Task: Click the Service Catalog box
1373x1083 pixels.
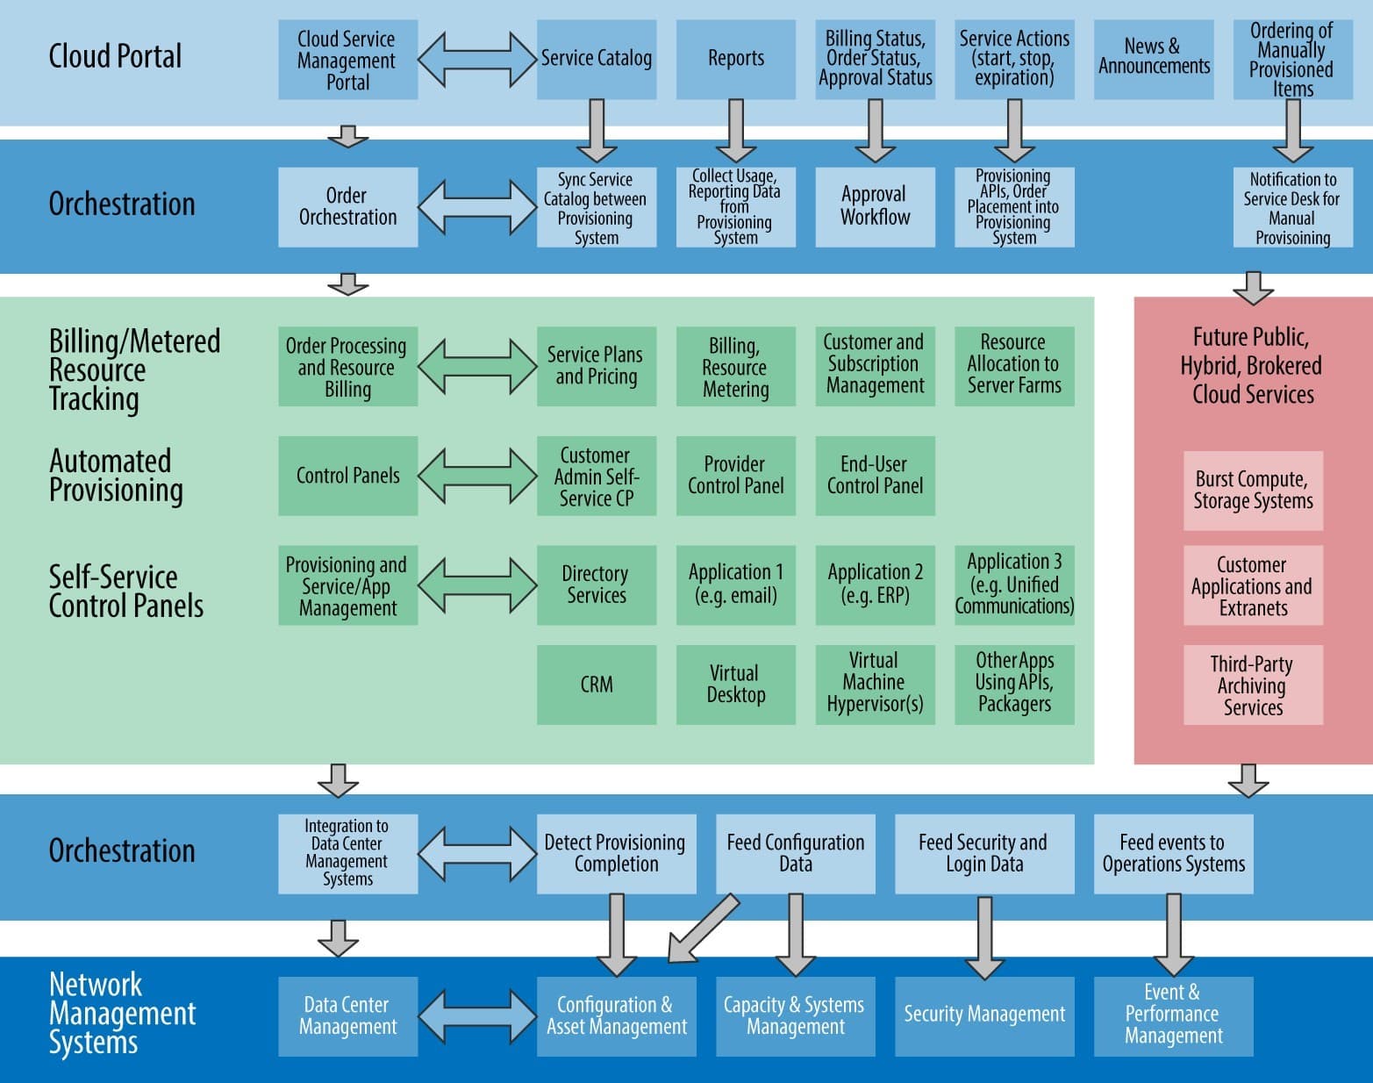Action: pyautogui.click(x=597, y=59)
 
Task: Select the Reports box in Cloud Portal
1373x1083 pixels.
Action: pyautogui.click(x=735, y=59)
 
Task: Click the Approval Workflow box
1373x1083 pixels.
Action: pyautogui.click(x=875, y=206)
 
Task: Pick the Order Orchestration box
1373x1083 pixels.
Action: pyautogui.click(x=347, y=206)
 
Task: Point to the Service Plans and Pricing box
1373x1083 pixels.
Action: pyautogui.click(x=597, y=366)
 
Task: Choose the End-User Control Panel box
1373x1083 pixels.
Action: pyautogui.click(x=875, y=475)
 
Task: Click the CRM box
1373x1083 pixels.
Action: pyautogui.click(x=597, y=685)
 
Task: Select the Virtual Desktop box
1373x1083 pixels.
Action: pyautogui.click(x=735, y=685)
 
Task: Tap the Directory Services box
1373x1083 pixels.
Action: pyautogui.click(x=597, y=585)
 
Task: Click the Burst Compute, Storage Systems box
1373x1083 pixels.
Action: pyautogui.click(x=1253, y=491)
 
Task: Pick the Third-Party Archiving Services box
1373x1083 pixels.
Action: pyautogui.click(x=1253, y=685)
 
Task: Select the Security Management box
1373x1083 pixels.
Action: pyautogui.click(x=984, y=1015)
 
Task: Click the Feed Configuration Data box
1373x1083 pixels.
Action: pyautogui.click(x=796, y=853)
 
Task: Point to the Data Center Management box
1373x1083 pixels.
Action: pyautogui.click(x=347, y=1015)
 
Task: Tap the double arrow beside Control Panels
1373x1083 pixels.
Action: pyautogui.click(x=477, y=475)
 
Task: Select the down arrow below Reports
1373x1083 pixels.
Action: pyautogui.click(x=735, y=130)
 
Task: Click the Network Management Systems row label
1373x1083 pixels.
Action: pyautogui.click(x=121, y=1014)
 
